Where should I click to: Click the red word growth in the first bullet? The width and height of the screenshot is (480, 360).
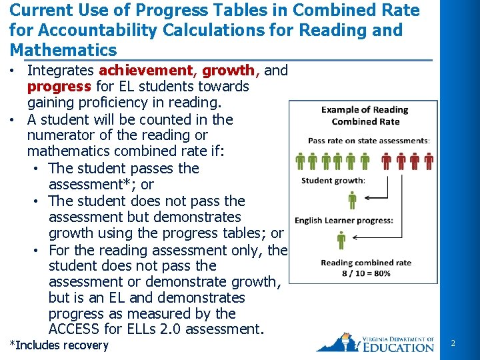228,71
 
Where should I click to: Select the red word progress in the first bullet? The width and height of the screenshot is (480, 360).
59,87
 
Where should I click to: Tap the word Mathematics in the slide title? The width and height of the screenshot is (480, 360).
63,50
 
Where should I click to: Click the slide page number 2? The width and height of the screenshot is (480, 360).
453,343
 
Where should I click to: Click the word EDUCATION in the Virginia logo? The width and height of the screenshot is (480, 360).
398,347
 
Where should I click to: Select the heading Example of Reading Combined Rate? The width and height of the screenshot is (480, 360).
365,115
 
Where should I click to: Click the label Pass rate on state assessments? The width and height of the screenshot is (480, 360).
369,141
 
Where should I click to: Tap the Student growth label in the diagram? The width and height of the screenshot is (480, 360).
333,181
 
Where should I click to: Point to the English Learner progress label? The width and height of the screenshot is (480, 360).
344,221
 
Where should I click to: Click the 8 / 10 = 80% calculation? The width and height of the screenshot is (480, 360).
366,273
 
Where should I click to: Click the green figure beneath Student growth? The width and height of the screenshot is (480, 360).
352,199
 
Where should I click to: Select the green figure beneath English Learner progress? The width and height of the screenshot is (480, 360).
341,240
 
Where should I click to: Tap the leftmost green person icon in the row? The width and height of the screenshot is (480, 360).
300,162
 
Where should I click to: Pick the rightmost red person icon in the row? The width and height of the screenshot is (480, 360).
429,162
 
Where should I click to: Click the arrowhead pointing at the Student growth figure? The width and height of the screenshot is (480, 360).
364,198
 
